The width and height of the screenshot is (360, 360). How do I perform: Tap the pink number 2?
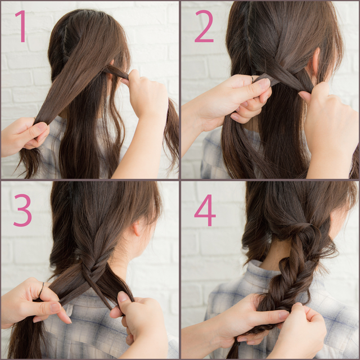click(204, 26)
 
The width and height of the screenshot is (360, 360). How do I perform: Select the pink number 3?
click(22, 210)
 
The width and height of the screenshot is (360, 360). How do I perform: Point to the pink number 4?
click(205, 210)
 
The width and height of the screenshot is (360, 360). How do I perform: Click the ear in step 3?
click(137, 228)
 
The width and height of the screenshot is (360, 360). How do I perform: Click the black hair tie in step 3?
click(42, 290)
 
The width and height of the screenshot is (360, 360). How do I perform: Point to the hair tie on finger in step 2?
click(253, 79)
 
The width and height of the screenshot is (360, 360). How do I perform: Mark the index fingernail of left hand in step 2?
click(264, 83)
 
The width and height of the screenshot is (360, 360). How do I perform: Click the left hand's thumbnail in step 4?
click(283, 315)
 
